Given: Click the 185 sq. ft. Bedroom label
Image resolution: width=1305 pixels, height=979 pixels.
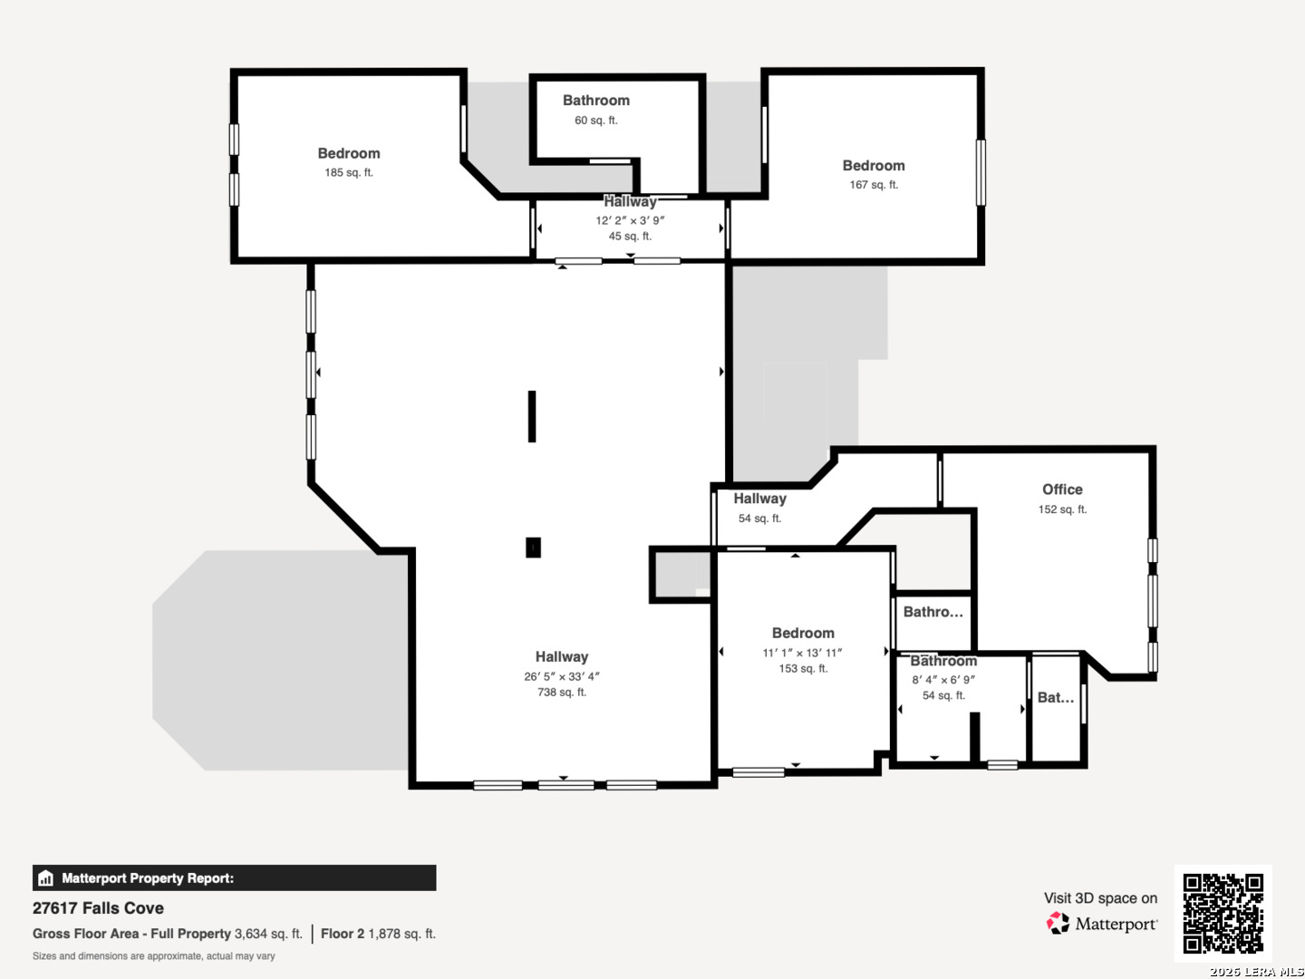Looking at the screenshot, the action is (348, 153).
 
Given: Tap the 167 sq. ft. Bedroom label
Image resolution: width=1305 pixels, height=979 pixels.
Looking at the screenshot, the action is (874, 166).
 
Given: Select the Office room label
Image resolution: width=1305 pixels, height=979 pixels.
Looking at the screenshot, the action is (1062, 489).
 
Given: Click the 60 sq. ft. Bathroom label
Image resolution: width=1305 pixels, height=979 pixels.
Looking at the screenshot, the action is (595, 101).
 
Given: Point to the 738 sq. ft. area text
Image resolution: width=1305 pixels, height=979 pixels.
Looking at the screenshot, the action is (561, 692).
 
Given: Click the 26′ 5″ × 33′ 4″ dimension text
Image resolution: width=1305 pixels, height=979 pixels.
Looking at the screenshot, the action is (561, 676).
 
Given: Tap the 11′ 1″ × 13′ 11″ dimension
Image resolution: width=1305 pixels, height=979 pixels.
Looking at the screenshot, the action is (802, 653).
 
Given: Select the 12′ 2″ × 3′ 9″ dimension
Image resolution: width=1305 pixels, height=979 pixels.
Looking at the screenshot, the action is (630, 220).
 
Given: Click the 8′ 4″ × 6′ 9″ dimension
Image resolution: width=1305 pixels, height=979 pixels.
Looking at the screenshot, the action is (942, 680).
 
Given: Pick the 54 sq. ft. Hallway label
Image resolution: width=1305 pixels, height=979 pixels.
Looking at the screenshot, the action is (759, 499).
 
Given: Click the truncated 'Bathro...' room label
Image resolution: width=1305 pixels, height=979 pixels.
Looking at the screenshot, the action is (933, 612).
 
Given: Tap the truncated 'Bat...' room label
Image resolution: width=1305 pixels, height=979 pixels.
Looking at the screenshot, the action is (1055, 697).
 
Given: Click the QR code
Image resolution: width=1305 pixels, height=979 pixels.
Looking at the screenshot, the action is (1223, 913).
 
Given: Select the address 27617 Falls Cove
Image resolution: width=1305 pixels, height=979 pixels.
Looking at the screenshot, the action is (98, 907).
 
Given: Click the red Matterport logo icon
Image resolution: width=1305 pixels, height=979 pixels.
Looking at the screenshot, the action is (1057, 923).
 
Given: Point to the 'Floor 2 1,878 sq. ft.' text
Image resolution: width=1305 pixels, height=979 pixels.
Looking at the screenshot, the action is (378, 934).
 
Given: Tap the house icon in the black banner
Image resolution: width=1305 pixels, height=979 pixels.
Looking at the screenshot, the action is (46, 878).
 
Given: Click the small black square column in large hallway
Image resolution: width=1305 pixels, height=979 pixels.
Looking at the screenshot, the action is (533, 548).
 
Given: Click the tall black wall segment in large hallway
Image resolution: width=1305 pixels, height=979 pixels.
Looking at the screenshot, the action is (531, 416).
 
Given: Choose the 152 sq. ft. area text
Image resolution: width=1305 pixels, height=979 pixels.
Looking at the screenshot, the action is (1062, 509).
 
